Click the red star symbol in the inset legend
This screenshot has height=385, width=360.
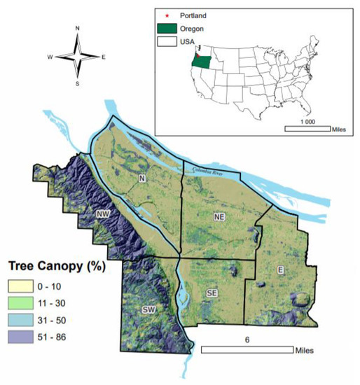(167, 13)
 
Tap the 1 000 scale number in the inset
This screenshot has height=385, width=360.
(307, 121)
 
